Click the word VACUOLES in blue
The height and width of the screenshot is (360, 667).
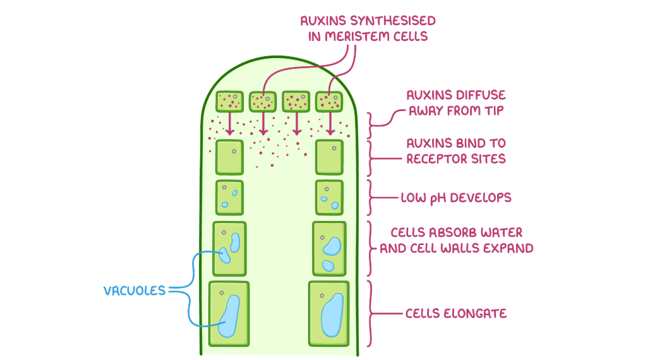(x=134, y=291)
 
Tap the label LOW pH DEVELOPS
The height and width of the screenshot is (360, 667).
(x=455, y=198)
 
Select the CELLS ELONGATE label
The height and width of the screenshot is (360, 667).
(x=456, y=313)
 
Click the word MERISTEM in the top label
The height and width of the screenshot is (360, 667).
(x=359, y=36)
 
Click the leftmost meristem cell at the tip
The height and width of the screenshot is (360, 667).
(x=230, y=101)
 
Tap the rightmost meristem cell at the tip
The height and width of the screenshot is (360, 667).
(x=329, y=101)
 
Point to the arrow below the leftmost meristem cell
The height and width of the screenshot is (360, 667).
(x=231, y=124)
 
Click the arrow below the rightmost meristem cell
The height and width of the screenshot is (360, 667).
(x=330, y=124)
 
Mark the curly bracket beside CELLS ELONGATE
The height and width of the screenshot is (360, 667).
(x=373, y=313)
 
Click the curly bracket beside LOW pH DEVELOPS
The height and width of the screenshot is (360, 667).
(x=373, y=198)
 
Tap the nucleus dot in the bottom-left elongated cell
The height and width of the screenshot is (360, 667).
(x=221, y=293)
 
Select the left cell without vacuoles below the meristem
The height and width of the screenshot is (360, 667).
(x=230, y=157)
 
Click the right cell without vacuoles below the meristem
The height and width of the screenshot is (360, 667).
(x=329, y=157)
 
